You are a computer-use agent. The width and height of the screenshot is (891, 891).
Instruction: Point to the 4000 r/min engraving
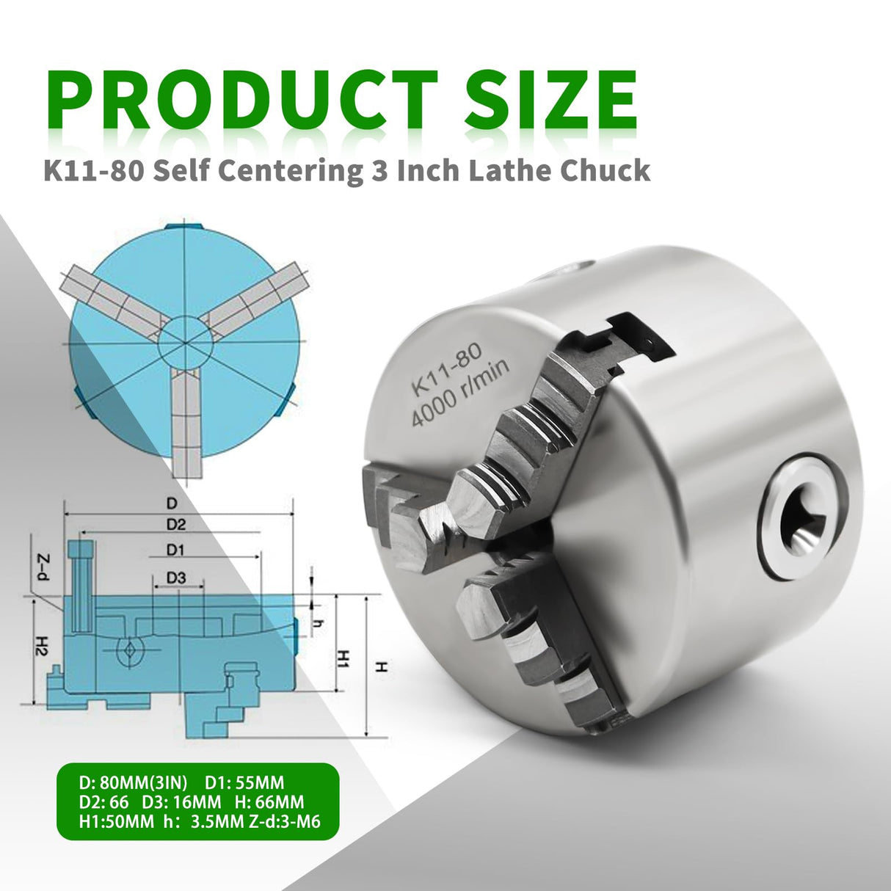point(460,395)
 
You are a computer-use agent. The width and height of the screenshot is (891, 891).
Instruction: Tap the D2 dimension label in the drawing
point(175,524)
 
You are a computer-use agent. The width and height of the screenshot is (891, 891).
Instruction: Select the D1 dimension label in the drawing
point(175,550)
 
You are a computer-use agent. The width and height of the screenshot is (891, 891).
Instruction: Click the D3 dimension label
point(175,578)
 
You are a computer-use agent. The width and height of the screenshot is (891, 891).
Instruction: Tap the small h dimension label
point(318,623)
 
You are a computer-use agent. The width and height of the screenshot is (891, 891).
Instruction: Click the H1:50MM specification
point(116,821)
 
